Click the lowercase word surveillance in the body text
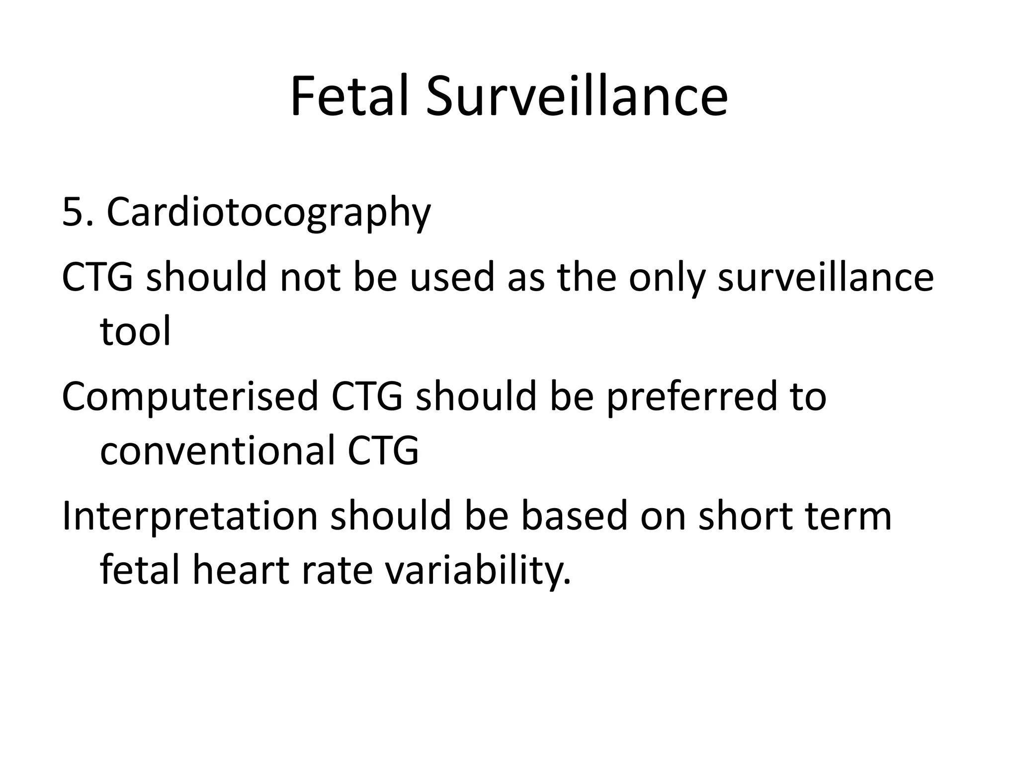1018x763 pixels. coord(826,277)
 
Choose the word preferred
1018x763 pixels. coord(691,397)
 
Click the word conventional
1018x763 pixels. coord(217,451)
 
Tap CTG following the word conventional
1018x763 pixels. coord(383,451)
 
